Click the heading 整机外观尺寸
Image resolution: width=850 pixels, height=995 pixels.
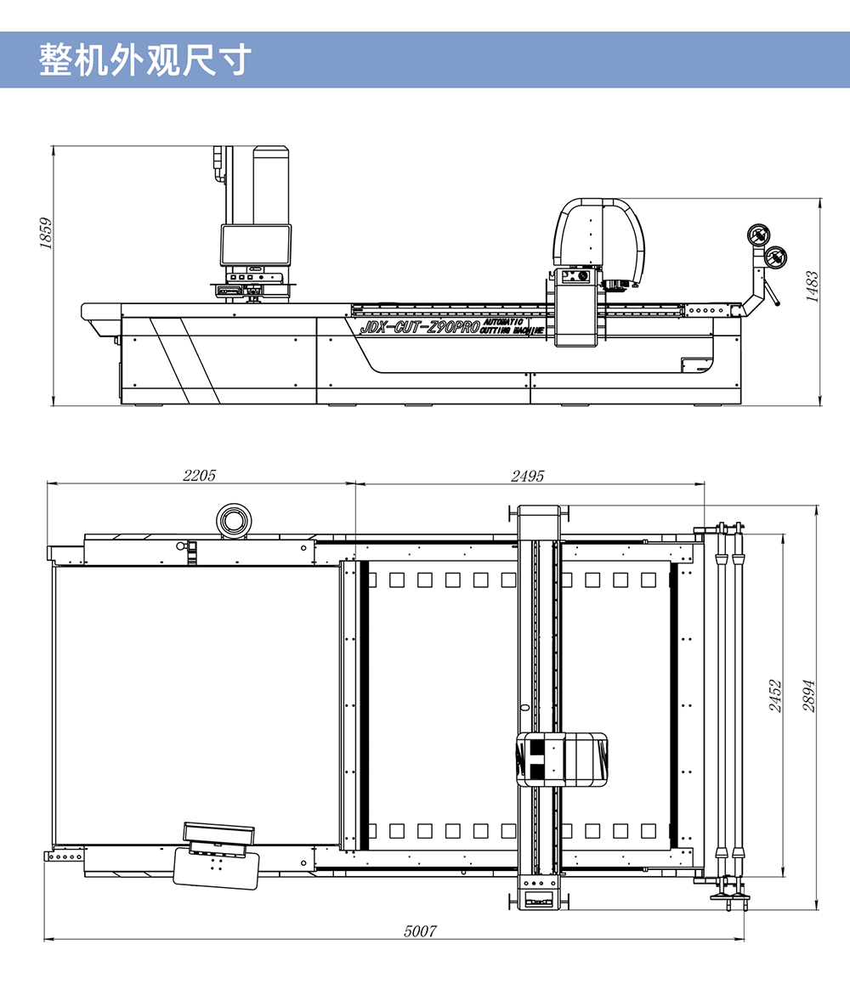[x=145, y=60]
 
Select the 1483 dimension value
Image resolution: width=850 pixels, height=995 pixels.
[x=812, y=287]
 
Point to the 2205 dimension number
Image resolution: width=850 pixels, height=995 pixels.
[x=200, y=475]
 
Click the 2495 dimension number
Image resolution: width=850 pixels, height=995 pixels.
[x=528, y=476]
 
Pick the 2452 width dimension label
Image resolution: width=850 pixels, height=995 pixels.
[x=775, y=696]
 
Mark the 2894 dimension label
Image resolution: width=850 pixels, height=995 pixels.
[x=808, y=696]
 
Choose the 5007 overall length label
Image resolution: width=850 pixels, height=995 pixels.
[x=420, y=931]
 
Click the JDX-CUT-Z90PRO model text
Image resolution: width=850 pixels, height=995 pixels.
[x=420, y=327]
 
